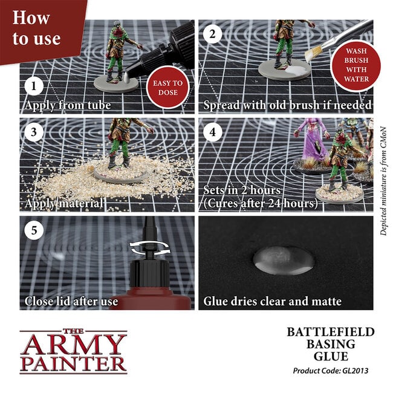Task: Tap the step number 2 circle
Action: [212, 34]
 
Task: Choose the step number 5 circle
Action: [34, 230]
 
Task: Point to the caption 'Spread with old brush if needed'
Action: [287, 105]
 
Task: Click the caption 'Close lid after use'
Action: [70, 300]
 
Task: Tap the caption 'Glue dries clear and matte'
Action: [273, 300]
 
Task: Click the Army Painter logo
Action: [73, 351]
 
